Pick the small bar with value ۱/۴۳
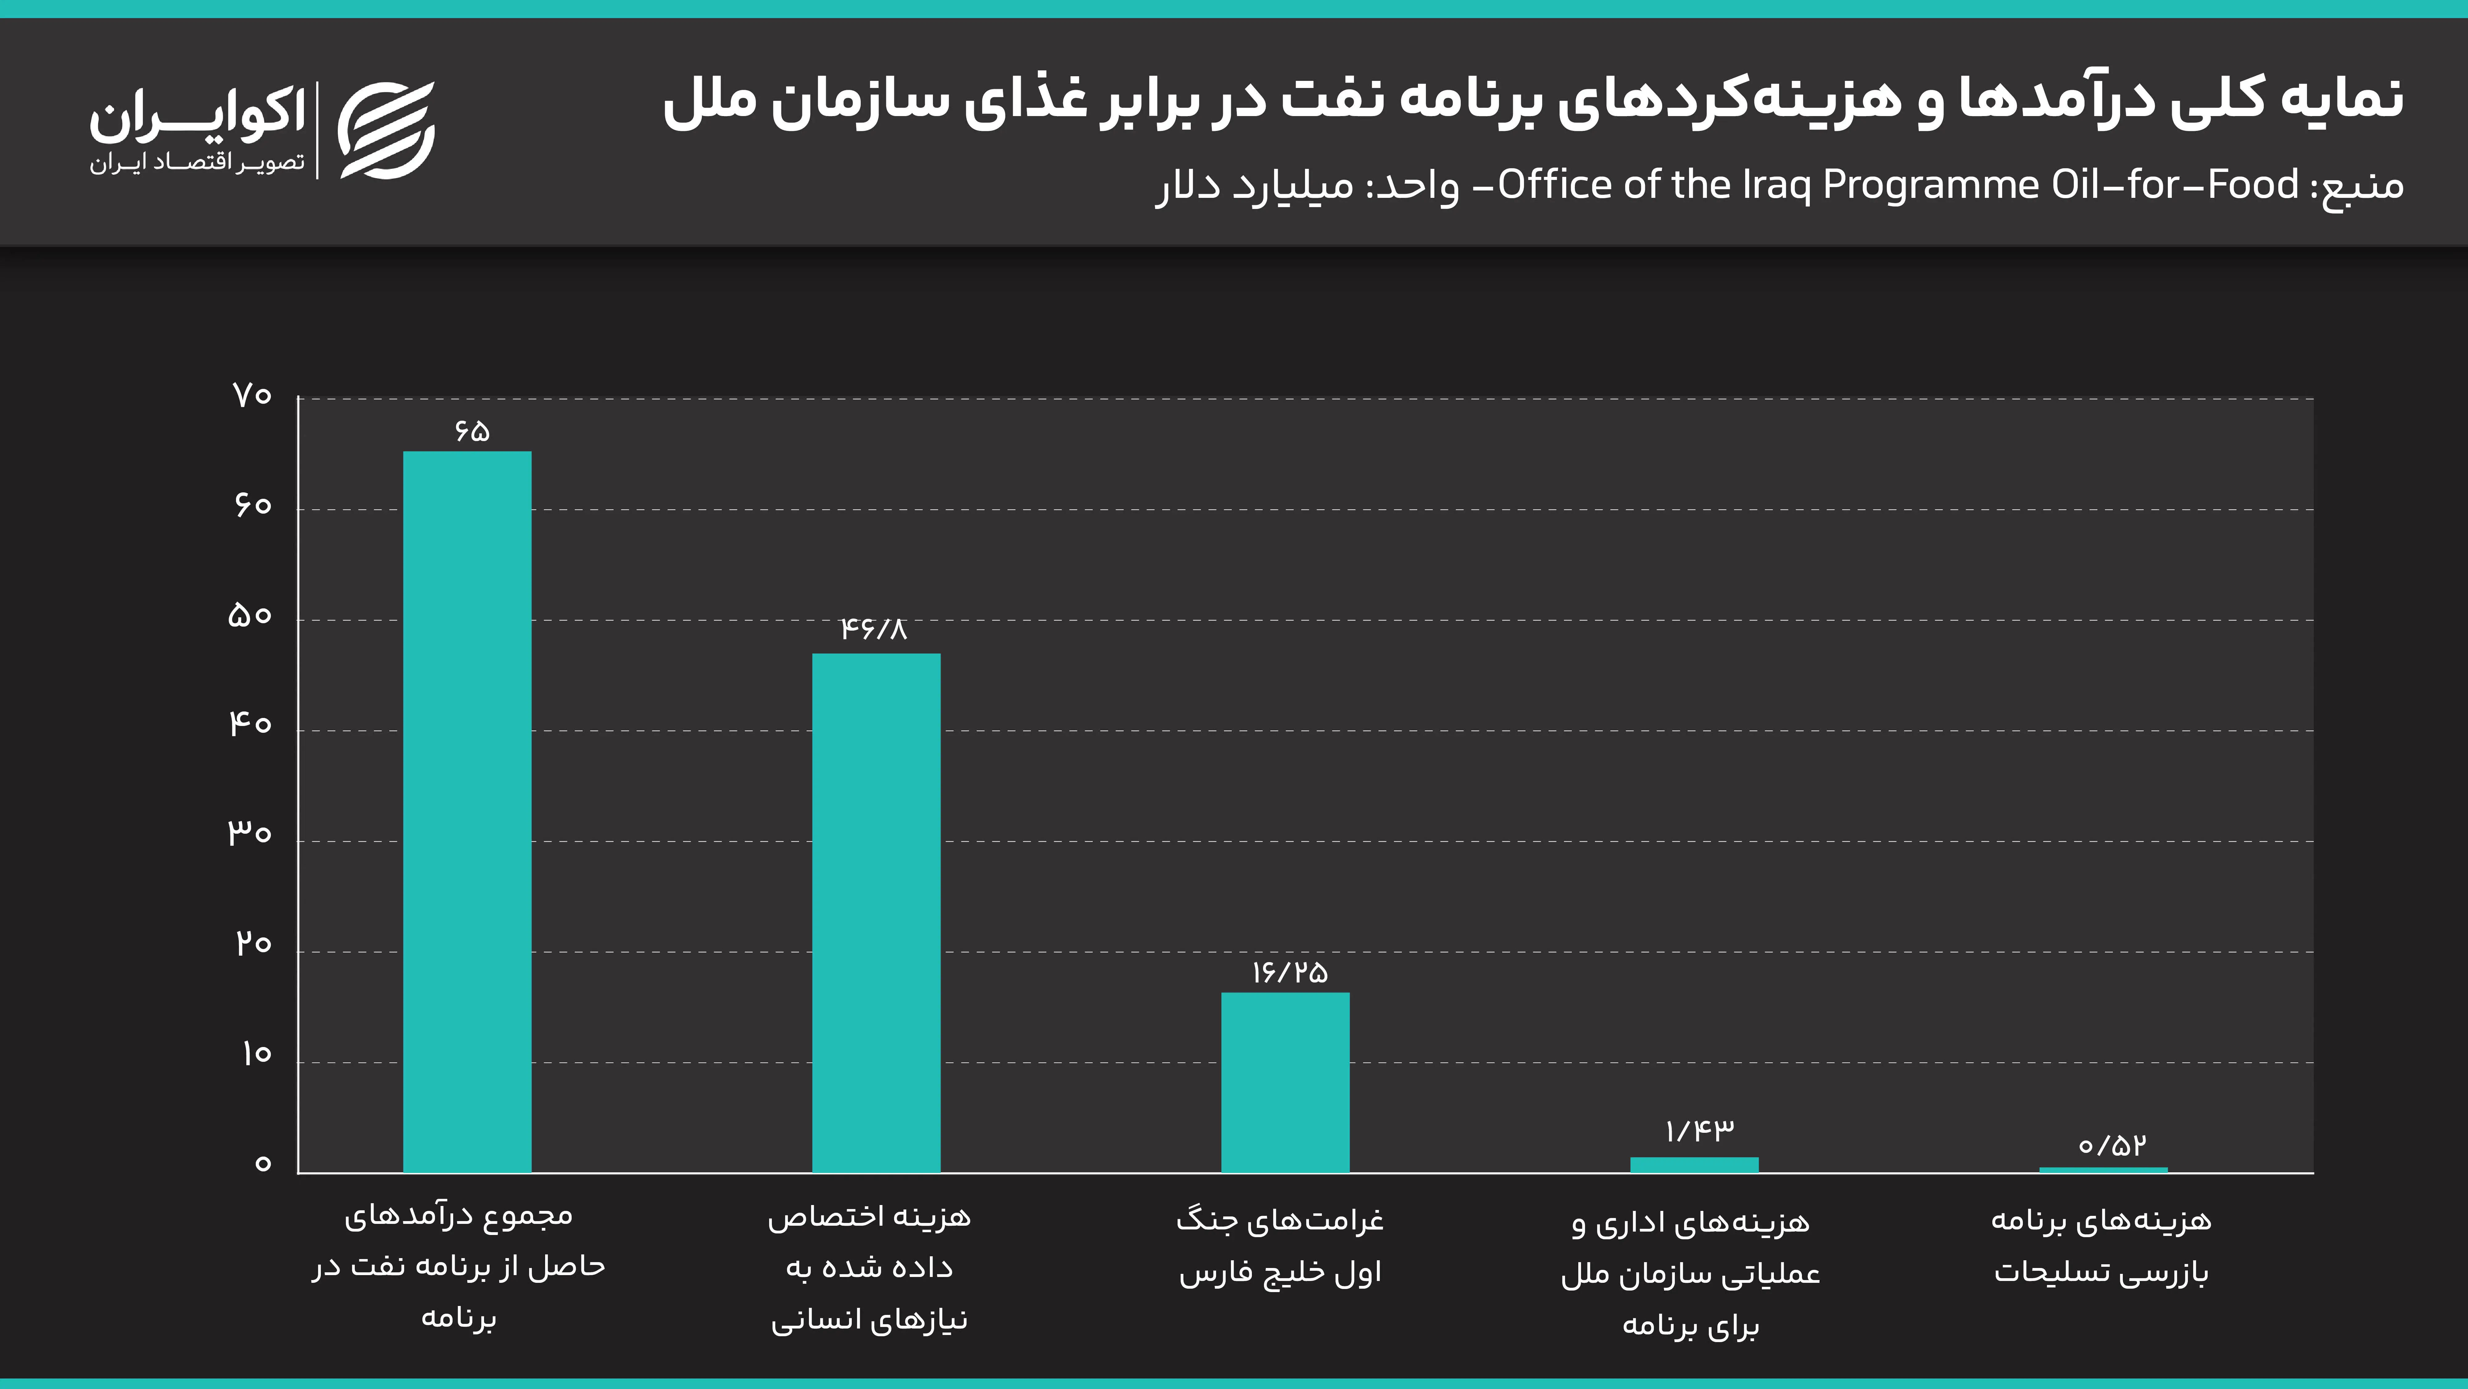point(1694,1165)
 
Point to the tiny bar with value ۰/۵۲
point(2103,1170)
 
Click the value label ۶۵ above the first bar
point(471,430)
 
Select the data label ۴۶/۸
point(873,629)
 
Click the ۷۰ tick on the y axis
point(252,395)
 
